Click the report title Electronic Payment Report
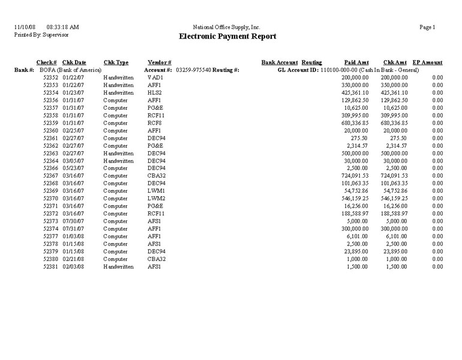[x=227, y=37]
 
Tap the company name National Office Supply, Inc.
[x=227, y=28]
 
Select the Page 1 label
[x=428, y=28]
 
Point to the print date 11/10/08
[x=25, y=28]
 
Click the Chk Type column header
[x=116, y=62]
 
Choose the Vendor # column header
[x=160, y=62]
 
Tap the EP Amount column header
[x=427, y=62]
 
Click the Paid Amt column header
[x=356, y=62]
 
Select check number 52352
[x=50, y=78]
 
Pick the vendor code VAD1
[x=155, y=78]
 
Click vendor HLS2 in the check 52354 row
[x=154, y=93]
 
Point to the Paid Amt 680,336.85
[x=353, y=123]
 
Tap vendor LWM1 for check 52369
[x=155, y=191]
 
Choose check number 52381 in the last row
[x=50, y=266]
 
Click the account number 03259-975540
[x=193, y=70]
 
